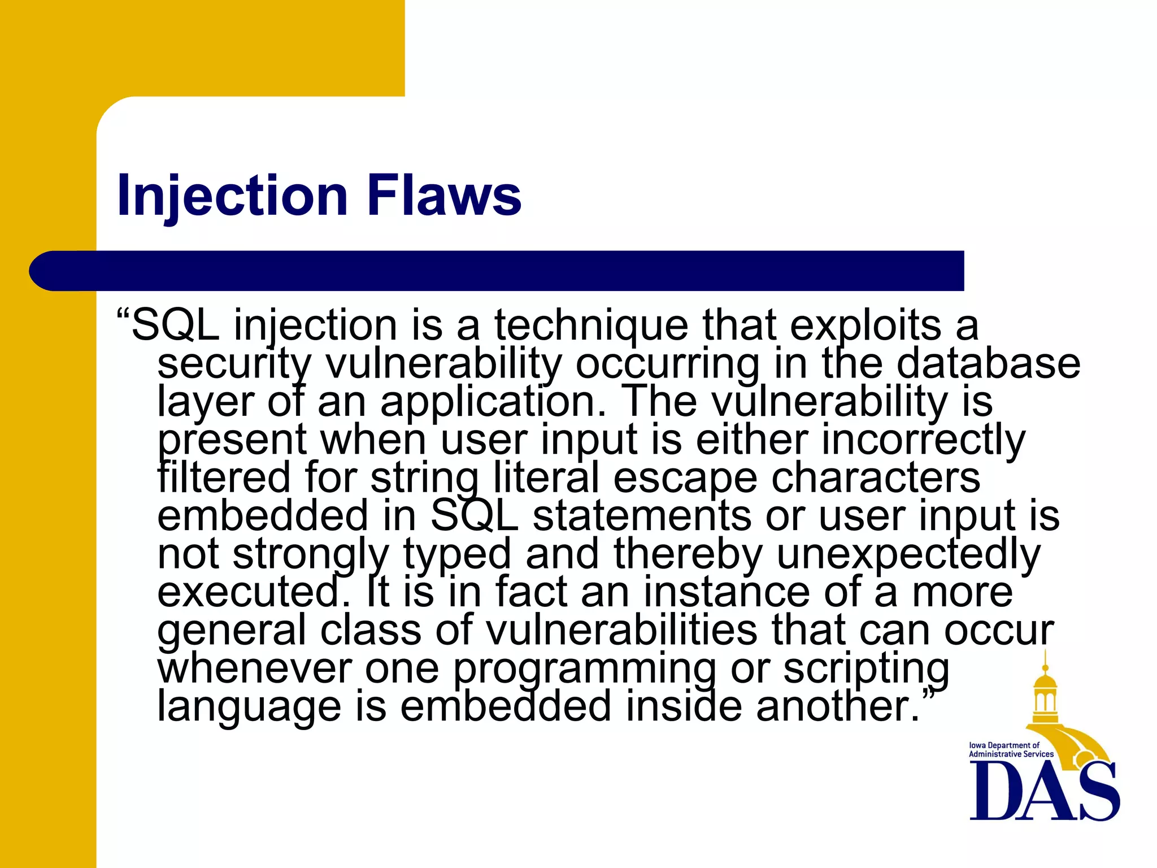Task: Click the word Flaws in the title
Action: click(444, 195)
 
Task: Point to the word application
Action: click(492, 402)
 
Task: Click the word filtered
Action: click(224, 478)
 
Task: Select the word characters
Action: click(876, 479)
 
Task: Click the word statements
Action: click(642, 516)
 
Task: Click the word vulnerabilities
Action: click(621, 630)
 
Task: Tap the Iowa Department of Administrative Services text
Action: click(1011, 750)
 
